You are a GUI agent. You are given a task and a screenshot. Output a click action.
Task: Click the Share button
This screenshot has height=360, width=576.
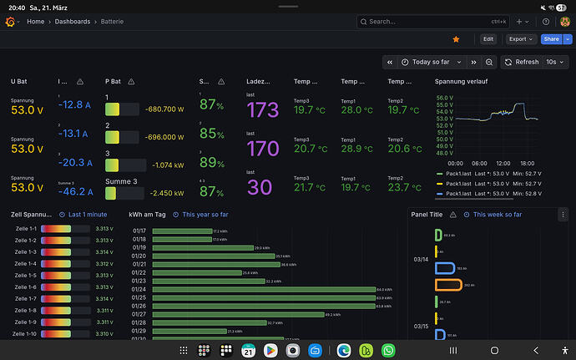click(x=550, y=38)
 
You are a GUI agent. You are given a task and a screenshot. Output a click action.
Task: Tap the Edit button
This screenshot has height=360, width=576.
click(x=488, y=38)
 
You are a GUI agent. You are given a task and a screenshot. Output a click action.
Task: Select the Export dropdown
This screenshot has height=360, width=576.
click(x=521, y=38)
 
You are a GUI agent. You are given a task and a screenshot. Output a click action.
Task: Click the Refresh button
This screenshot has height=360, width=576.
click(x=522, y=62)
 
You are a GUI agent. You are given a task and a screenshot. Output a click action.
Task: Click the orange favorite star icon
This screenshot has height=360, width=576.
click(x=456, y=38)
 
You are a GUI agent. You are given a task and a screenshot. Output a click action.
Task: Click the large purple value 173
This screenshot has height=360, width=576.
click(x=263, y=109)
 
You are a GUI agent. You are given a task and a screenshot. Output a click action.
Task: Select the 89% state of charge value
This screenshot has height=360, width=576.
click(x=213, y=162)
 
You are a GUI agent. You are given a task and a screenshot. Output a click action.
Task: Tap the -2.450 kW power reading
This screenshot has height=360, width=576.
click(x=164, y=192)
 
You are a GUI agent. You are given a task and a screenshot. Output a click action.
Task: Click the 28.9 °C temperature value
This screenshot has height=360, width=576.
click(x=356, y=148)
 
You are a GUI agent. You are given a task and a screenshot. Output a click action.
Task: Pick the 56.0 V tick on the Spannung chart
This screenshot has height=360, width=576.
click(x=444, y=98)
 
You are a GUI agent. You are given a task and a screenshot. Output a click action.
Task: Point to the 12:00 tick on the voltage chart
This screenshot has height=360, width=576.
click(x=503, y=163)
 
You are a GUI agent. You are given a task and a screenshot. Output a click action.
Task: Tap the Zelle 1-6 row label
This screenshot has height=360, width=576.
click(x=26, y=286)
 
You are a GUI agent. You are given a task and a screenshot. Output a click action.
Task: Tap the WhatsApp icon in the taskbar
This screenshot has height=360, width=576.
click(x=388, y=351)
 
